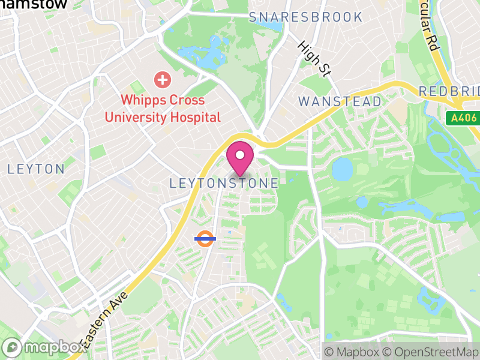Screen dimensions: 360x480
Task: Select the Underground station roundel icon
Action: coord(205,238)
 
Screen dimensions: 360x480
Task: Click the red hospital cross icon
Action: coord(161,79)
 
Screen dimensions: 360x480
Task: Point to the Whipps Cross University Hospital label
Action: coord(163,109)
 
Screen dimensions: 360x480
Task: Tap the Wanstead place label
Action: coord(340,101)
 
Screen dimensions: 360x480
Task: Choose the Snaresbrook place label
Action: coord(306,17)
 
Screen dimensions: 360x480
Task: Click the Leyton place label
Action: coord(36,169)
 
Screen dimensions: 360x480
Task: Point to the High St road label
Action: coord(315,59)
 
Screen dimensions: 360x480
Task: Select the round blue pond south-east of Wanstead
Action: coord(342,169)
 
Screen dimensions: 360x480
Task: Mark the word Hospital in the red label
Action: coord(191,117)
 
